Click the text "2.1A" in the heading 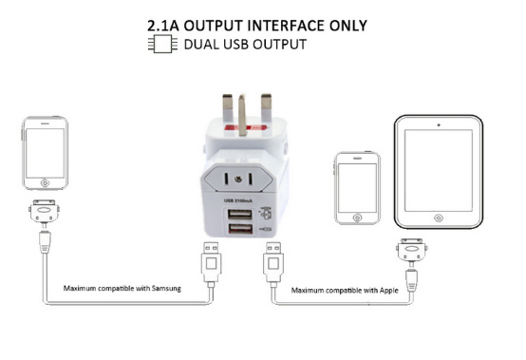point(167,25)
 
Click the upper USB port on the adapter point(240,216)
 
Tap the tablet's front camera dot point(438,123)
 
